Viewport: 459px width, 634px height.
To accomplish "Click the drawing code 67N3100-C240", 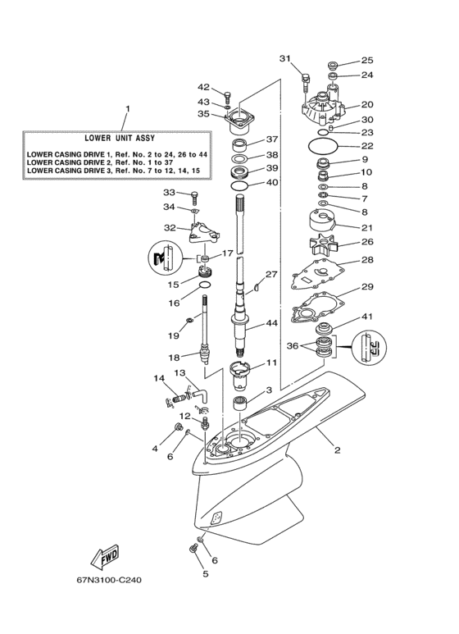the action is pos(110,580).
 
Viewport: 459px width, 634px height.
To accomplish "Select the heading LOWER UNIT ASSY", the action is pos(120,138).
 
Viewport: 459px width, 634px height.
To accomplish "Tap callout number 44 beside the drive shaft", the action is pos(271,323).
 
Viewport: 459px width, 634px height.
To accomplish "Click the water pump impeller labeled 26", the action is pos(324,246).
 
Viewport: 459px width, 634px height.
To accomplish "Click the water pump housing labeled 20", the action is pos(323,108).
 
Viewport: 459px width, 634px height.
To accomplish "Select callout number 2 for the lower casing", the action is pos(338,449).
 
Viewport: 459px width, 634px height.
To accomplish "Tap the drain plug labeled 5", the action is pos(193,548).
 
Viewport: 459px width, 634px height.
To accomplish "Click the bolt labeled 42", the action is pos(227,97).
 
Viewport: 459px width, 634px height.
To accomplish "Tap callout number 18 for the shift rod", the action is pos(174,358).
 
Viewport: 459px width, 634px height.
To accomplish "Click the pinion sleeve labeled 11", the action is pos(241,376).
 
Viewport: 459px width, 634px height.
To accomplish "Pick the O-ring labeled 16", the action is pos(206,285).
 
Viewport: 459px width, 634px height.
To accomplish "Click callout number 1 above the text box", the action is pos(127,109).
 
